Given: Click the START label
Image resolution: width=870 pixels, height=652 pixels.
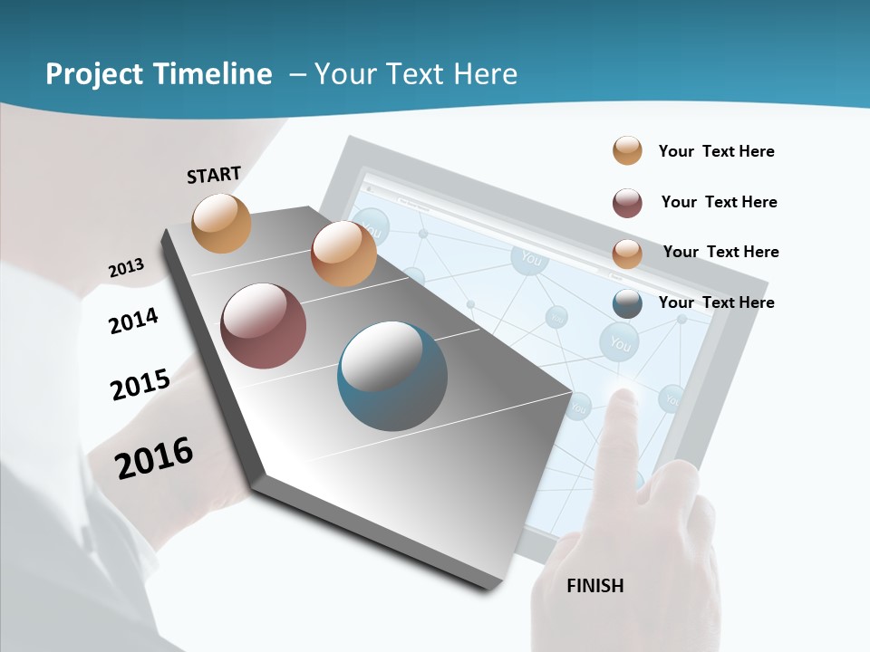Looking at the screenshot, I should (214, 174).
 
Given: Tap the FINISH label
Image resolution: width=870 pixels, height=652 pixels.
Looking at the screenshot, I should (594, 586).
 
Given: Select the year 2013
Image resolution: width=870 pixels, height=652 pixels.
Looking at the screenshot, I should (126, 268).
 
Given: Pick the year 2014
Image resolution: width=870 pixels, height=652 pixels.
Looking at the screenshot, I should (133, 321).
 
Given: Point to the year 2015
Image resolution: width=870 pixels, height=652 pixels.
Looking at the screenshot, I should (140, 385).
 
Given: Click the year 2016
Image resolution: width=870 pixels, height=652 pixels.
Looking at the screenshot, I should (154, 457).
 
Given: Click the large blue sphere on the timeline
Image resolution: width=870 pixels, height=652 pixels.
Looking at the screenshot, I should (391, 376).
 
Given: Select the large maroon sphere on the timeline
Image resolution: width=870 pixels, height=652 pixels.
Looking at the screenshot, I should (263, 326).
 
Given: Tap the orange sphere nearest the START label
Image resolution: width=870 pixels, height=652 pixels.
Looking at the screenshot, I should (222, 223).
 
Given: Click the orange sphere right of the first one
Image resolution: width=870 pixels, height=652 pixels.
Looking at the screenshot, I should (343, 254).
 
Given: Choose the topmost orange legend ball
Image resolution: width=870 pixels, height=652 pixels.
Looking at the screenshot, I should (627, 150).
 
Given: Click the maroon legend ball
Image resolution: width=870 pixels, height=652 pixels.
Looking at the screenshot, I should (627, 203).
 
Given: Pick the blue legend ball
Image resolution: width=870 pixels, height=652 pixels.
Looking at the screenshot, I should (627, 303).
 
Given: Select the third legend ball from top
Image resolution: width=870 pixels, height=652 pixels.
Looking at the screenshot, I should (627, 253).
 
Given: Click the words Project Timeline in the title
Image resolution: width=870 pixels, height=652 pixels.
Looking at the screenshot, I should (159, 74).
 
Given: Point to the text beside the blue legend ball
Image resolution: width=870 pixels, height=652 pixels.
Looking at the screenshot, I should (716, 302).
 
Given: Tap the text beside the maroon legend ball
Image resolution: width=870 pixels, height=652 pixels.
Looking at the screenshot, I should (719, 202).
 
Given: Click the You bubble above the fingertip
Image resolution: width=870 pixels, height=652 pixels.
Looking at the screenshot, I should (620, 343).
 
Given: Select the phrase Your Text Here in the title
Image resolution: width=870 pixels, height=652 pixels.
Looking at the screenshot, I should (415, 74).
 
